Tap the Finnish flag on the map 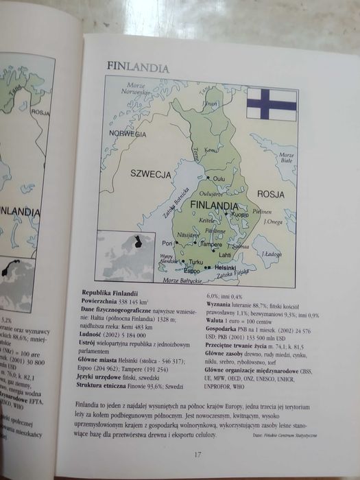pos(272,104)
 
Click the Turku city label pos(195,262)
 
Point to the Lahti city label pos(224,254)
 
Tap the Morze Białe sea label pos(286,159)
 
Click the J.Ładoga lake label pos(272,254)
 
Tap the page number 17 pos(197,453)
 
